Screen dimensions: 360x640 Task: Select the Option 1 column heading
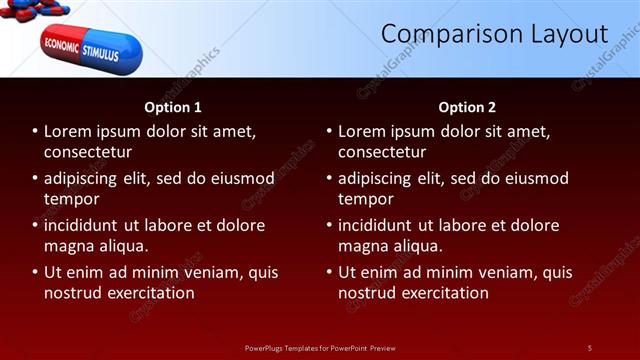point(173,107)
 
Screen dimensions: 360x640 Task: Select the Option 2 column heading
point(467,107)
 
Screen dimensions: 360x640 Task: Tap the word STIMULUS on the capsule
point(100,51)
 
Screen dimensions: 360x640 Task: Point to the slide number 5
point(590,348)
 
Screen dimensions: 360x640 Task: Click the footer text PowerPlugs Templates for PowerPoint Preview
point(320,348)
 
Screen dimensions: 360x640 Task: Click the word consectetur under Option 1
point(88,152)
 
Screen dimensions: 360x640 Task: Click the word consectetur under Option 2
point(382,152)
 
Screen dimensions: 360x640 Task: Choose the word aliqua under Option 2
point(420,246)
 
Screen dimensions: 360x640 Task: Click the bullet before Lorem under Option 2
point(328,131)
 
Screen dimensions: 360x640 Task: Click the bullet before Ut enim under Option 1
point(34,272)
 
